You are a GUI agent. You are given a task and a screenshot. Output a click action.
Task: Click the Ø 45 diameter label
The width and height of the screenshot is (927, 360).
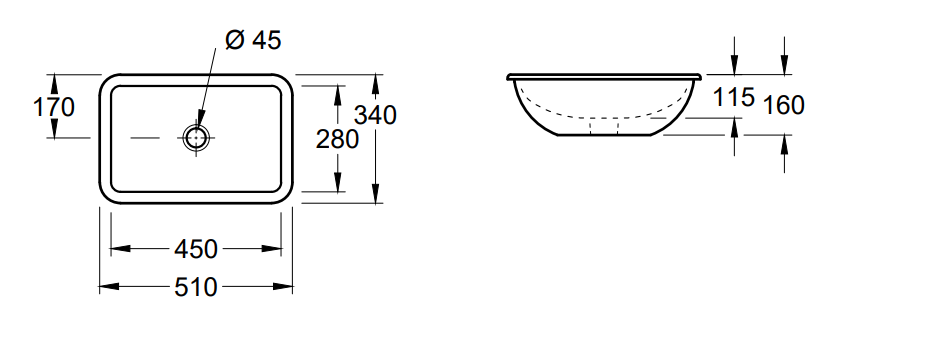pyautogui.click(x=253, y=40)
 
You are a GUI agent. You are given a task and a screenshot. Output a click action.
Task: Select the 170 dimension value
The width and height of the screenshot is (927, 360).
pyautogui.click(x=54, y=108)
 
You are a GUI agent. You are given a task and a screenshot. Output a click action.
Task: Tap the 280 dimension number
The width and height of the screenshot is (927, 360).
pyautogui.click(x=338, y=140)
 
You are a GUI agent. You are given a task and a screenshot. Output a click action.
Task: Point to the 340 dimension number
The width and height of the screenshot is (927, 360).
pyautogui.click(x=375, y=115)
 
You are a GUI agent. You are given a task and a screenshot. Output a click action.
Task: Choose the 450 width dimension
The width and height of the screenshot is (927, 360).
pyautogui.click(x=196, y=249)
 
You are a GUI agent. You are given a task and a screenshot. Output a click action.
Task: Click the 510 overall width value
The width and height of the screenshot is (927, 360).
pyautogui.click(x=196, y=287)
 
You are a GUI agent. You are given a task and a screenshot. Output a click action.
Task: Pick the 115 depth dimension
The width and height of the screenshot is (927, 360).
pyautogui.click(x=734, y=97)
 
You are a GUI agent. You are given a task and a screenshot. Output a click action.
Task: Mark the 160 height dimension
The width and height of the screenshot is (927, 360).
pyautogui.click(x=784, y=105)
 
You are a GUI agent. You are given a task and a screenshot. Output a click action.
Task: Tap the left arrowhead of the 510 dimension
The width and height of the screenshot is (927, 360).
pyautogui.click(x=109, y=287)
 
